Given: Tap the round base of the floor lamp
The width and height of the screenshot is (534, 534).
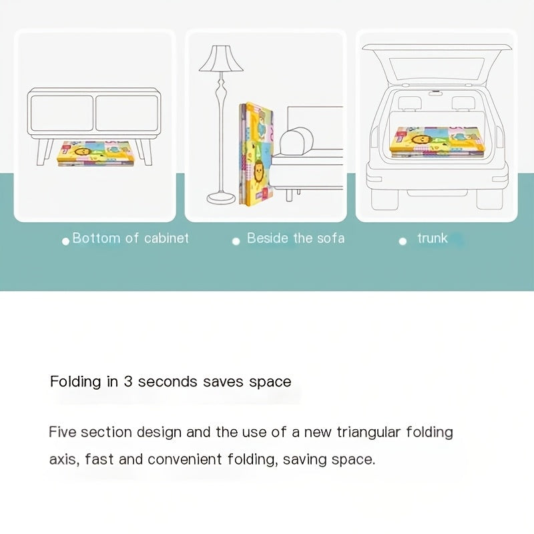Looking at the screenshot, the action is [x=222, y=198].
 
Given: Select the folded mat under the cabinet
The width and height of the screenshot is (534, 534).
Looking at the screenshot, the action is [x=95, y=154].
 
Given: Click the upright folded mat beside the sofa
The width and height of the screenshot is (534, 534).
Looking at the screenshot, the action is [x=256, y=154].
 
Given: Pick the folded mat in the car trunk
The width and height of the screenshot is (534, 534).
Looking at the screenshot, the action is [x=438, y=142].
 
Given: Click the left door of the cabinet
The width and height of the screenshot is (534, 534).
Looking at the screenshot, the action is [x=61, y=113].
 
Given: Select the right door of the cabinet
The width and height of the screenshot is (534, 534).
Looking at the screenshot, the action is [x=127, y=113].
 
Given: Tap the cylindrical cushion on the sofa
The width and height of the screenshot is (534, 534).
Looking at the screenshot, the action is [x=296, y=142].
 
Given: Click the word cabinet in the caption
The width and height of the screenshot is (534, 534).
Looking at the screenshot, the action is [x=166, y=238].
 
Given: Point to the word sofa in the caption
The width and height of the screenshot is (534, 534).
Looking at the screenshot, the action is [x=330, y=238].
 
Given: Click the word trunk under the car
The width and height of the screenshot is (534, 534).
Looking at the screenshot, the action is [x=432, y=238].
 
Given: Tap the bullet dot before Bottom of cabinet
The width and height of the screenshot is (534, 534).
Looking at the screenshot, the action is [x=65, y=241].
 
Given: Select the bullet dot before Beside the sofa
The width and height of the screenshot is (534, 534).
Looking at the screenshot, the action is [x=236, y=241].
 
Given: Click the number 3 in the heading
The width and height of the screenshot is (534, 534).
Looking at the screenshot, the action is [x=127, y=381].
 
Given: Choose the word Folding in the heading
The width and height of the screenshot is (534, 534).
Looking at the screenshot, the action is [x=75, y=382].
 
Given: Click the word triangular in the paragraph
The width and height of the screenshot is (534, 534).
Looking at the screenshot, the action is [x=368, y=433].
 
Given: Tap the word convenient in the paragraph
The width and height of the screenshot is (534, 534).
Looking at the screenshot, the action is [x=185, y=460].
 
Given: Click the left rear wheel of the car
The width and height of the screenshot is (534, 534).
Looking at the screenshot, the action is [x=384, y=198].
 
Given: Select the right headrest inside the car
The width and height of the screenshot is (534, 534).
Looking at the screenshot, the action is [x=463, y=103].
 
